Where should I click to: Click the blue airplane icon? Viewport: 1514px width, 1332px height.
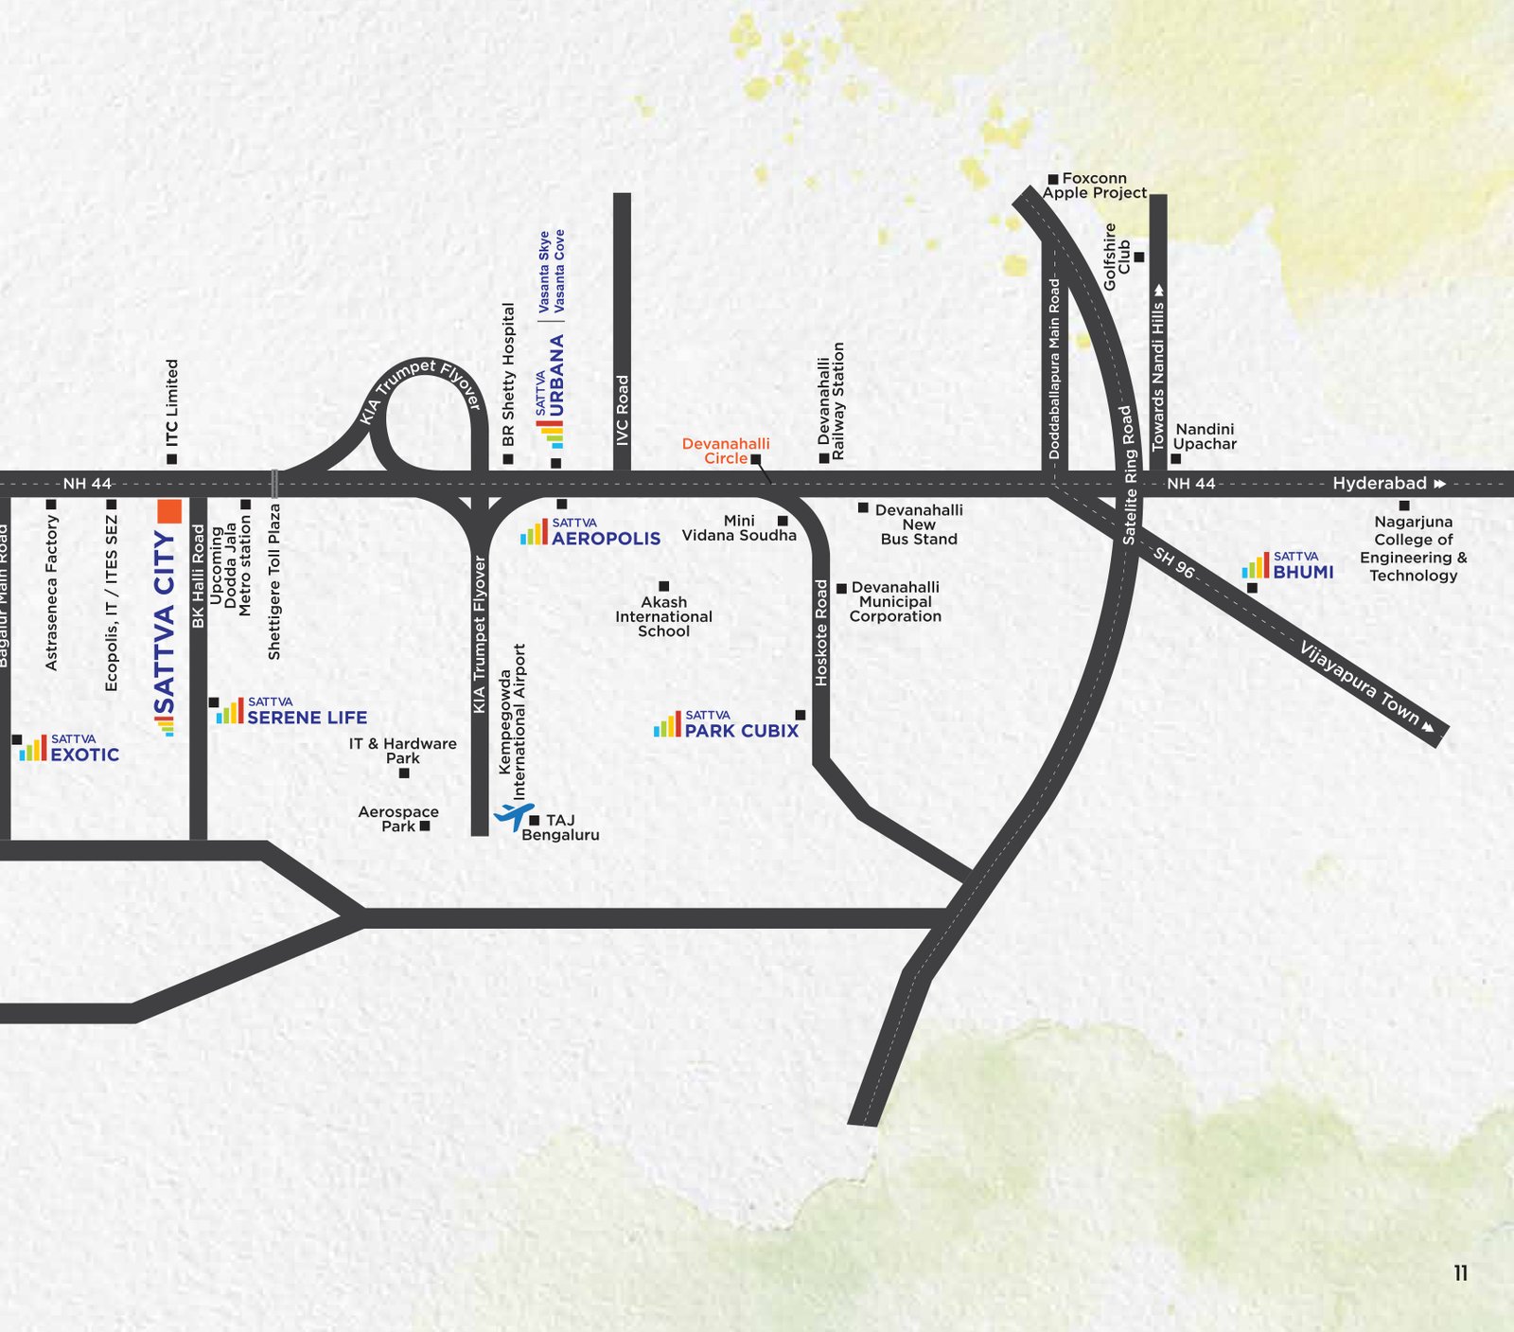(x=514, y=815)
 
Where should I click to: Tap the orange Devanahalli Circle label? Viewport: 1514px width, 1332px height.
(x=726, y=451)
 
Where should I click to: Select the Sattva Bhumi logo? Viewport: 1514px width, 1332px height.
(x=1288, y=566)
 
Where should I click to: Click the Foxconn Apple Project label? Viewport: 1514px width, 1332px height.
(x=1094, y=186)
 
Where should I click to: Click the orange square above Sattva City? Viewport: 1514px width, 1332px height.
(x=169, y=511)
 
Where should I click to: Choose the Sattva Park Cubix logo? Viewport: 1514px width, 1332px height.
(x=727, y=725)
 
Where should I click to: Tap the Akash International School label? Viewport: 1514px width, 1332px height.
(x=663, y=616)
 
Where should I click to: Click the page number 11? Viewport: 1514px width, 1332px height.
(x=1460, y=1273)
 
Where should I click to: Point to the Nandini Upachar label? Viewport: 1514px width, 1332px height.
(x=1205, y=436)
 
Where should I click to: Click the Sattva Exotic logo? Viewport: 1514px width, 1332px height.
(x=70, y=749)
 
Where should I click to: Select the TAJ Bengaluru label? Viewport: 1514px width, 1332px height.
(x=560, y=827)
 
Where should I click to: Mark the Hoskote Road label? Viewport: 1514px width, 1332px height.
(x=821, y=632)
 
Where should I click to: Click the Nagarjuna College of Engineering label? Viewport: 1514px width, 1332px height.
(x=1413, y=548)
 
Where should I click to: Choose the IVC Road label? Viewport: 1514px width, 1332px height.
(x=622, y=410)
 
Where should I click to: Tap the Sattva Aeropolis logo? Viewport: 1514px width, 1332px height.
(x=590, y=533)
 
